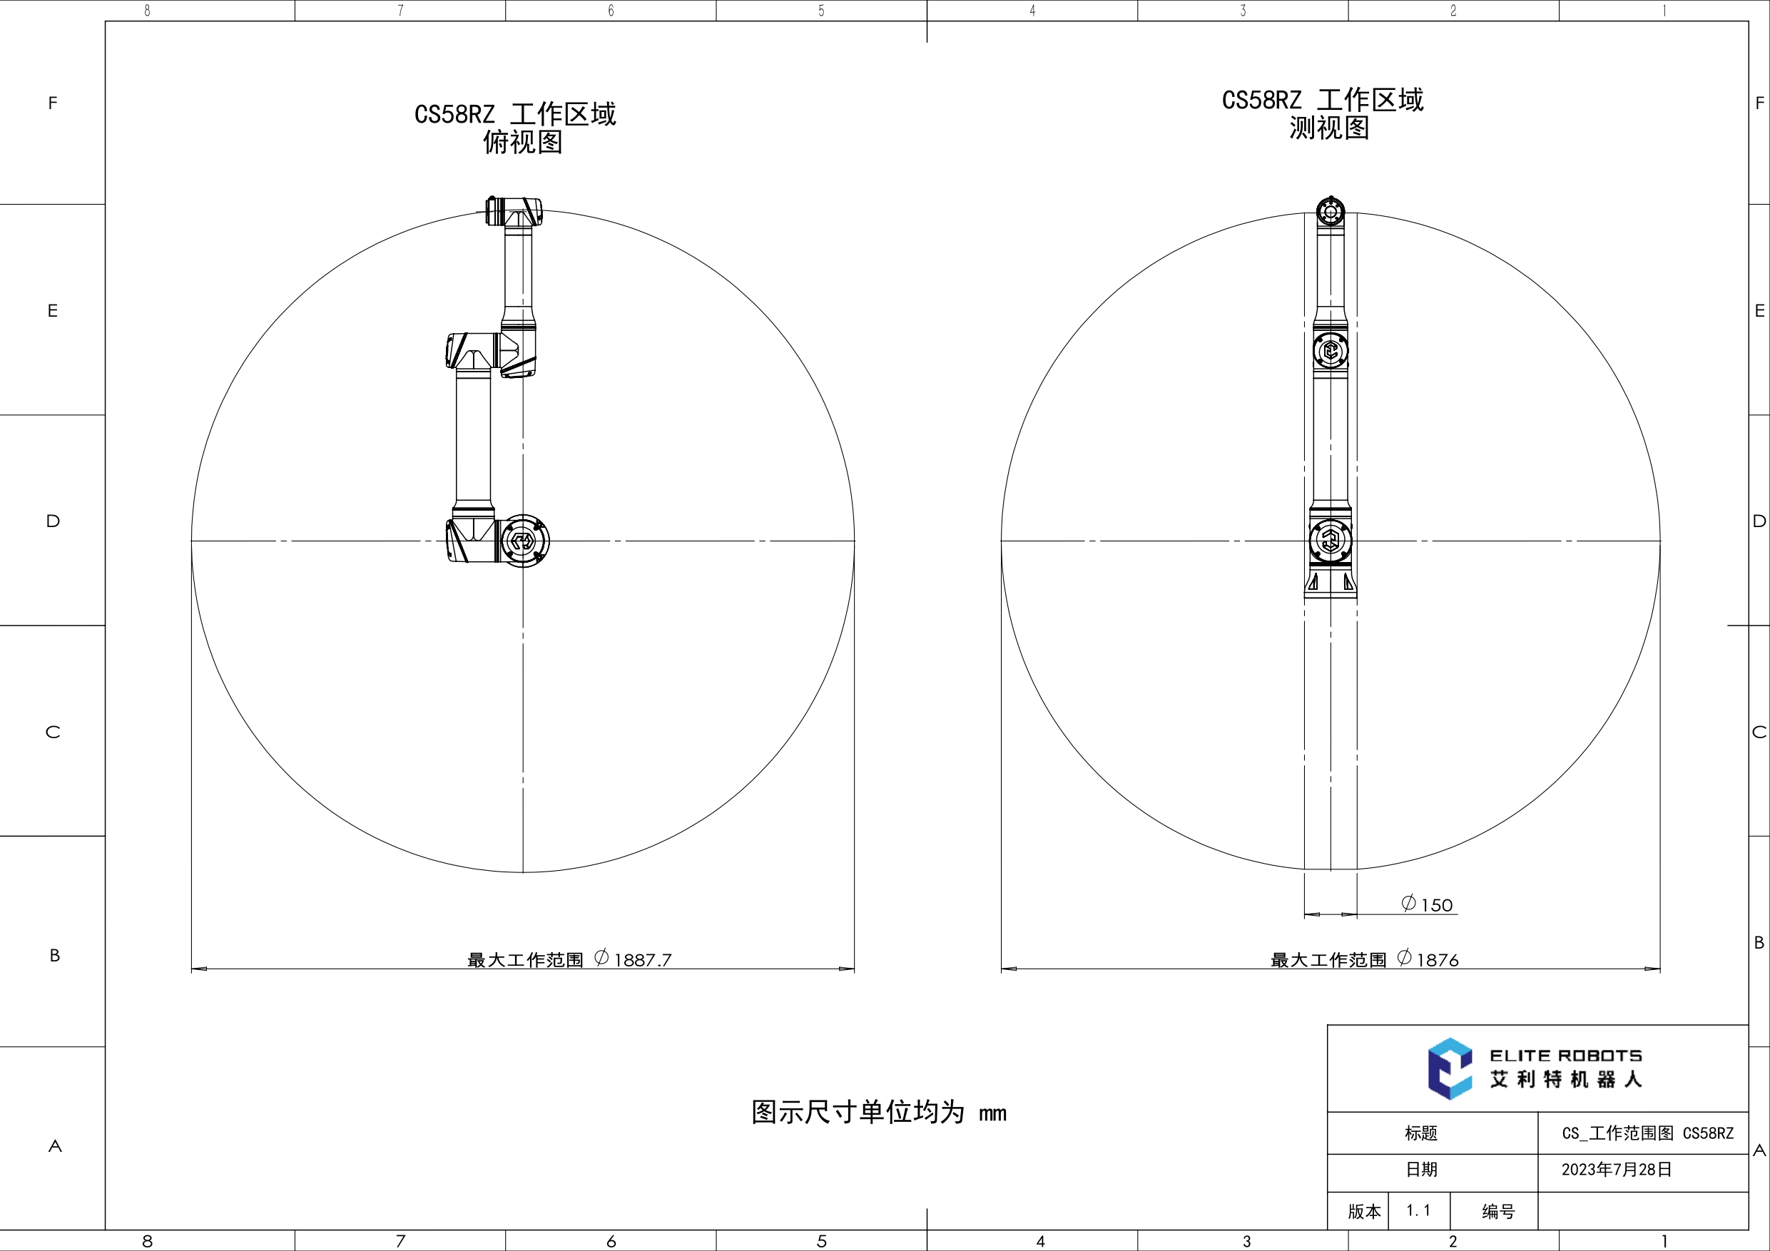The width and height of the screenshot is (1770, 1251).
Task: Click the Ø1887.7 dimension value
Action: point(633,959)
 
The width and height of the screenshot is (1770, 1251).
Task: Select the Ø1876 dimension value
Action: point(1428,959)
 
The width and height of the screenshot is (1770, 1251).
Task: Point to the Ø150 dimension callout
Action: point(1427,904)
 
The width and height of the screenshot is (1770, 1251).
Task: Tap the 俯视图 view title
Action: point(523,143)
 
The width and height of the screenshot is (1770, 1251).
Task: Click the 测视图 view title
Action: point(1329,128)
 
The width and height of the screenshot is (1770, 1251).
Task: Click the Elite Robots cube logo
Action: point(1449,1068)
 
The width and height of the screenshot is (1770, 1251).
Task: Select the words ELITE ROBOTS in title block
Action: point(1566,1055)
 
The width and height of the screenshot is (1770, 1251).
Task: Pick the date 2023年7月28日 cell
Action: point(1617,1169)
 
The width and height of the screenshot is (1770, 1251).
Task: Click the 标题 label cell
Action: point(1420,1133)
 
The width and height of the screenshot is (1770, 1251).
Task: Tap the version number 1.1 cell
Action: point(1418,1211)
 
